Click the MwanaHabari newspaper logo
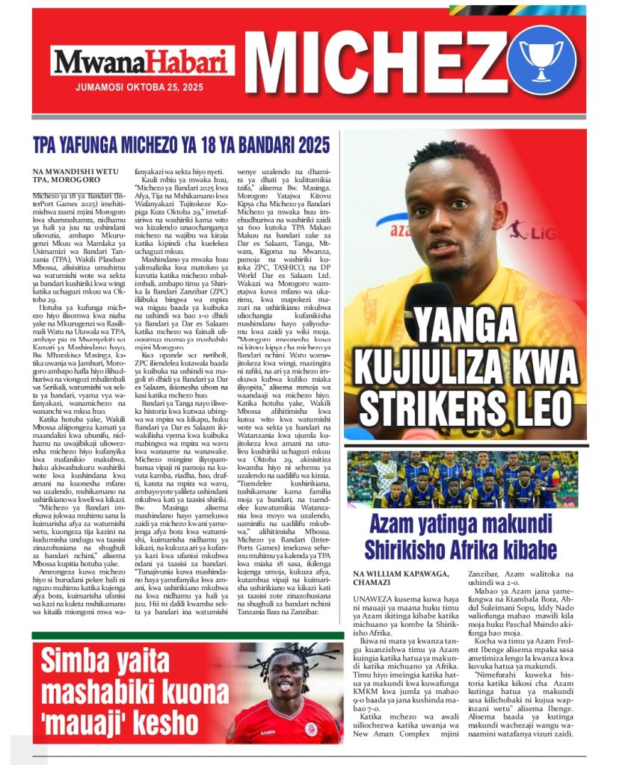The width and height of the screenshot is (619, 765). pos(143,61)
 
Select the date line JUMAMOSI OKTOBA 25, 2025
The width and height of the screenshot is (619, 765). pos(139,87)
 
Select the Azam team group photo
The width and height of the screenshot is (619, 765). pos(464,479)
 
